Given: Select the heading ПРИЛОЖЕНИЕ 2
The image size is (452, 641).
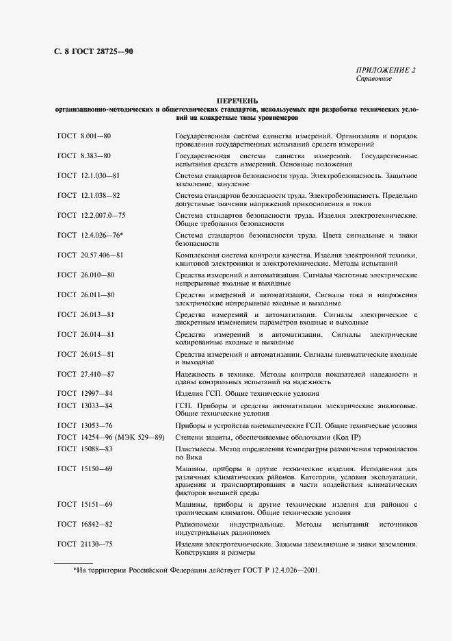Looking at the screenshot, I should point(386,70).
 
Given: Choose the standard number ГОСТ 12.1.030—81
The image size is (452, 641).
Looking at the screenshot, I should point(89,176).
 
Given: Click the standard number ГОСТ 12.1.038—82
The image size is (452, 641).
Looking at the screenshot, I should point(89,195).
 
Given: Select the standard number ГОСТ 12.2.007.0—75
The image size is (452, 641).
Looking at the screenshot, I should point(92,215).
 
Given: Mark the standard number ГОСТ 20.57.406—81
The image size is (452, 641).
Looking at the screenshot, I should point(91,255).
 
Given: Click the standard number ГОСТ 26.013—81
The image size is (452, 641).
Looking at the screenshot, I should point(86,314).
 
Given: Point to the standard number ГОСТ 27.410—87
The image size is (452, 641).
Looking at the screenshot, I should point(86,374).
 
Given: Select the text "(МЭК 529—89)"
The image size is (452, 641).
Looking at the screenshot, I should point(139,437).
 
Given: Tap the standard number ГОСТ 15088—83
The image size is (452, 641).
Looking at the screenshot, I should point(85,449).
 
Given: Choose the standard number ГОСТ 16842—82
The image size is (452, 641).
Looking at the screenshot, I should point(85,524).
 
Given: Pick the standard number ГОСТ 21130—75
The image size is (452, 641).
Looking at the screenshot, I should point(85,544).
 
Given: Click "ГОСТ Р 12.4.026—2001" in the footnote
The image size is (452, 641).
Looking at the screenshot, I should point(279,570).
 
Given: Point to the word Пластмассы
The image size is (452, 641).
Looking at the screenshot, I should point(196,449).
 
